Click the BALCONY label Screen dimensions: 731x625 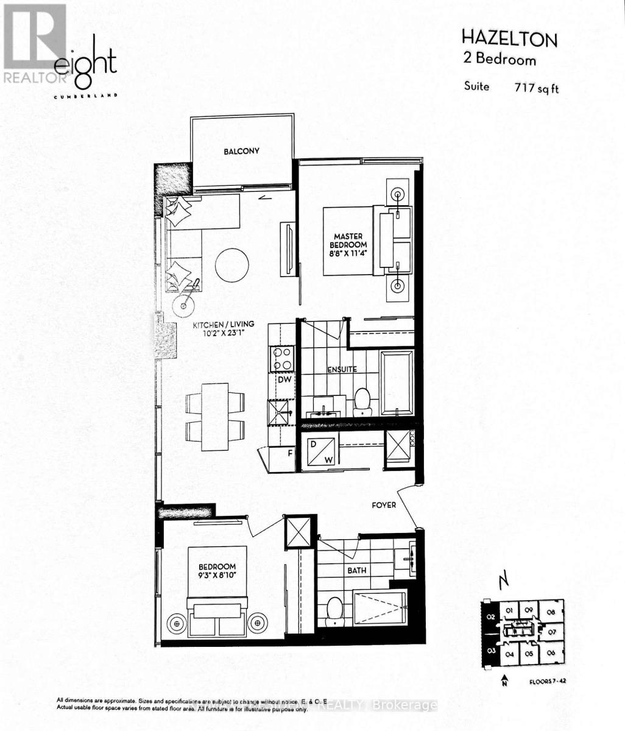[x=241, y=151]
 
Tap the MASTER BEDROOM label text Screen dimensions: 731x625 [x=348, y=240]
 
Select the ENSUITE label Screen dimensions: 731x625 [x=341, y=369]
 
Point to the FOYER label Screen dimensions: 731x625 [x=384, y=505]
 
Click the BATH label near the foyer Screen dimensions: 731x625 [x=356, y=571]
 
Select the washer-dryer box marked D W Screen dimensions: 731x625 [x=320, y=451]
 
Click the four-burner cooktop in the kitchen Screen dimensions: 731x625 [x=283, y=358]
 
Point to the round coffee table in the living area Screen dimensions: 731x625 [x=231, y=264]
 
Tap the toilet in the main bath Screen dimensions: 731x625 [x=334, y=610]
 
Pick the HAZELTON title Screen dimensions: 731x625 [x=509, y=40]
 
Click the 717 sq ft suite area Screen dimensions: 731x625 [x=536, y=88]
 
